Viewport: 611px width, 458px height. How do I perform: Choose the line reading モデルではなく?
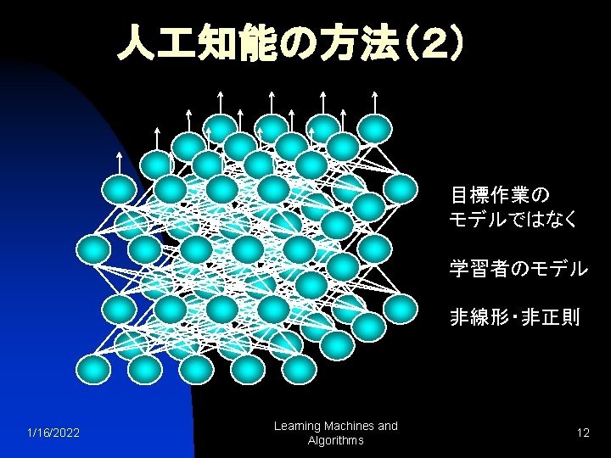point(514,220)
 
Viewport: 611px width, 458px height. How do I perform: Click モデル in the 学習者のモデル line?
point(559,269)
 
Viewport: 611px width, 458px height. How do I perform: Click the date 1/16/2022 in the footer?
point(53,433)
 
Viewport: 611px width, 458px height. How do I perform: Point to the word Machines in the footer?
point(349,426)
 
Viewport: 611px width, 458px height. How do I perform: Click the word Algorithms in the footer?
point(337,440)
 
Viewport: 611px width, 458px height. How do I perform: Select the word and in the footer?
point(387,426)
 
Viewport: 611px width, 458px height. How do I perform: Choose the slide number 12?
point(583,433)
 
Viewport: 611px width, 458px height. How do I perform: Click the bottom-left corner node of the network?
point(93,369)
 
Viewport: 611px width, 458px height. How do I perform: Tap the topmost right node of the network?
point(374,127)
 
